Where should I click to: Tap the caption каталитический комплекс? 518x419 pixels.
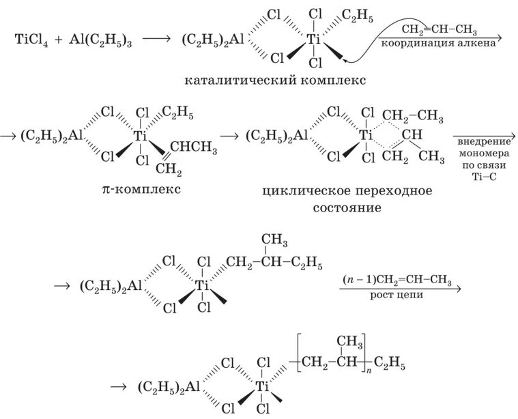tap(275, 81)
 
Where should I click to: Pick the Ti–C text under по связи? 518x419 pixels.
tap(481, 175)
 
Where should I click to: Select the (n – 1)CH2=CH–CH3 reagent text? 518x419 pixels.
tap(398, 281)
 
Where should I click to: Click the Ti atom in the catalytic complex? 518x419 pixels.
tap(314, 40)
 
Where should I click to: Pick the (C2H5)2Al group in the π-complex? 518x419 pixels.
tap(53, 135)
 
